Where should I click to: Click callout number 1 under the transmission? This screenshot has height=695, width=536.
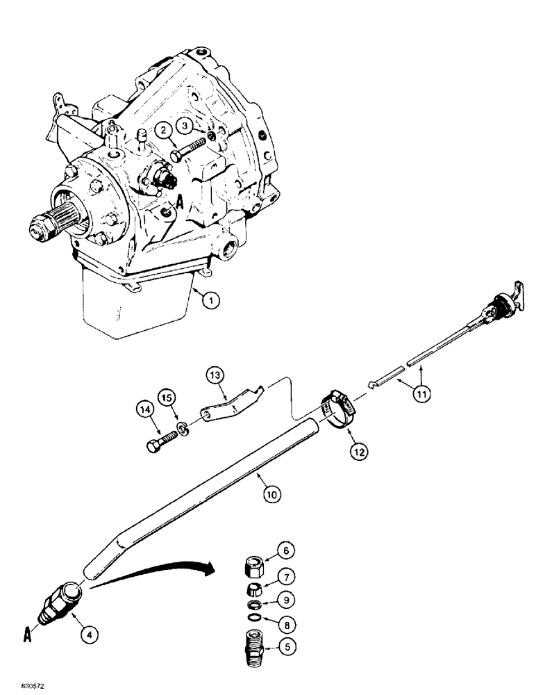point(212,301)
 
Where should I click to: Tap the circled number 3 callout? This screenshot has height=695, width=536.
point(183,125)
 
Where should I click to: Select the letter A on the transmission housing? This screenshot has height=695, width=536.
point(179,202)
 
